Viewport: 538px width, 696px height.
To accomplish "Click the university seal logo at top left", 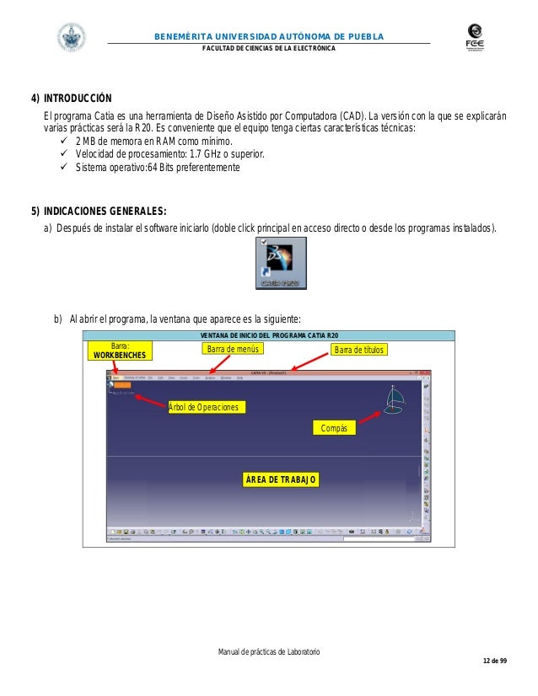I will click(71, 37).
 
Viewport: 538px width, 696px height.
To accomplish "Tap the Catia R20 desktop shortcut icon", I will click(281, 264).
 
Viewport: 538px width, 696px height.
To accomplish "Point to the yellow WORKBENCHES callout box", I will click(120, 350).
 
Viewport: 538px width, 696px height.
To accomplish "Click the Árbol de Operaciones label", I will click(206, 407).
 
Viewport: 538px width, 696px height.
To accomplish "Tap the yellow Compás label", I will click(334, 428).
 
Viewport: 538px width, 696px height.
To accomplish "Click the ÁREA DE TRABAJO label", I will click(281, 479).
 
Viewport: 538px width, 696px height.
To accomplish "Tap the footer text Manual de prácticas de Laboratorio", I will click(269, 653).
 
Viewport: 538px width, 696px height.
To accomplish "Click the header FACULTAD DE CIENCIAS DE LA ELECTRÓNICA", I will click(268, 48).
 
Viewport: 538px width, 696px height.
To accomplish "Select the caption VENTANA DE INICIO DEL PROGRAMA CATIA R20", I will click(268, 336).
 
